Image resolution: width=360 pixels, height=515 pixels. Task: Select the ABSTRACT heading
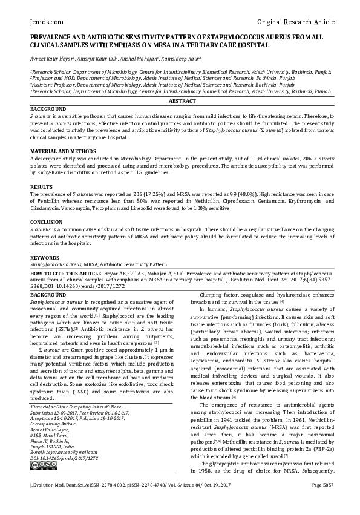coord(180,102)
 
